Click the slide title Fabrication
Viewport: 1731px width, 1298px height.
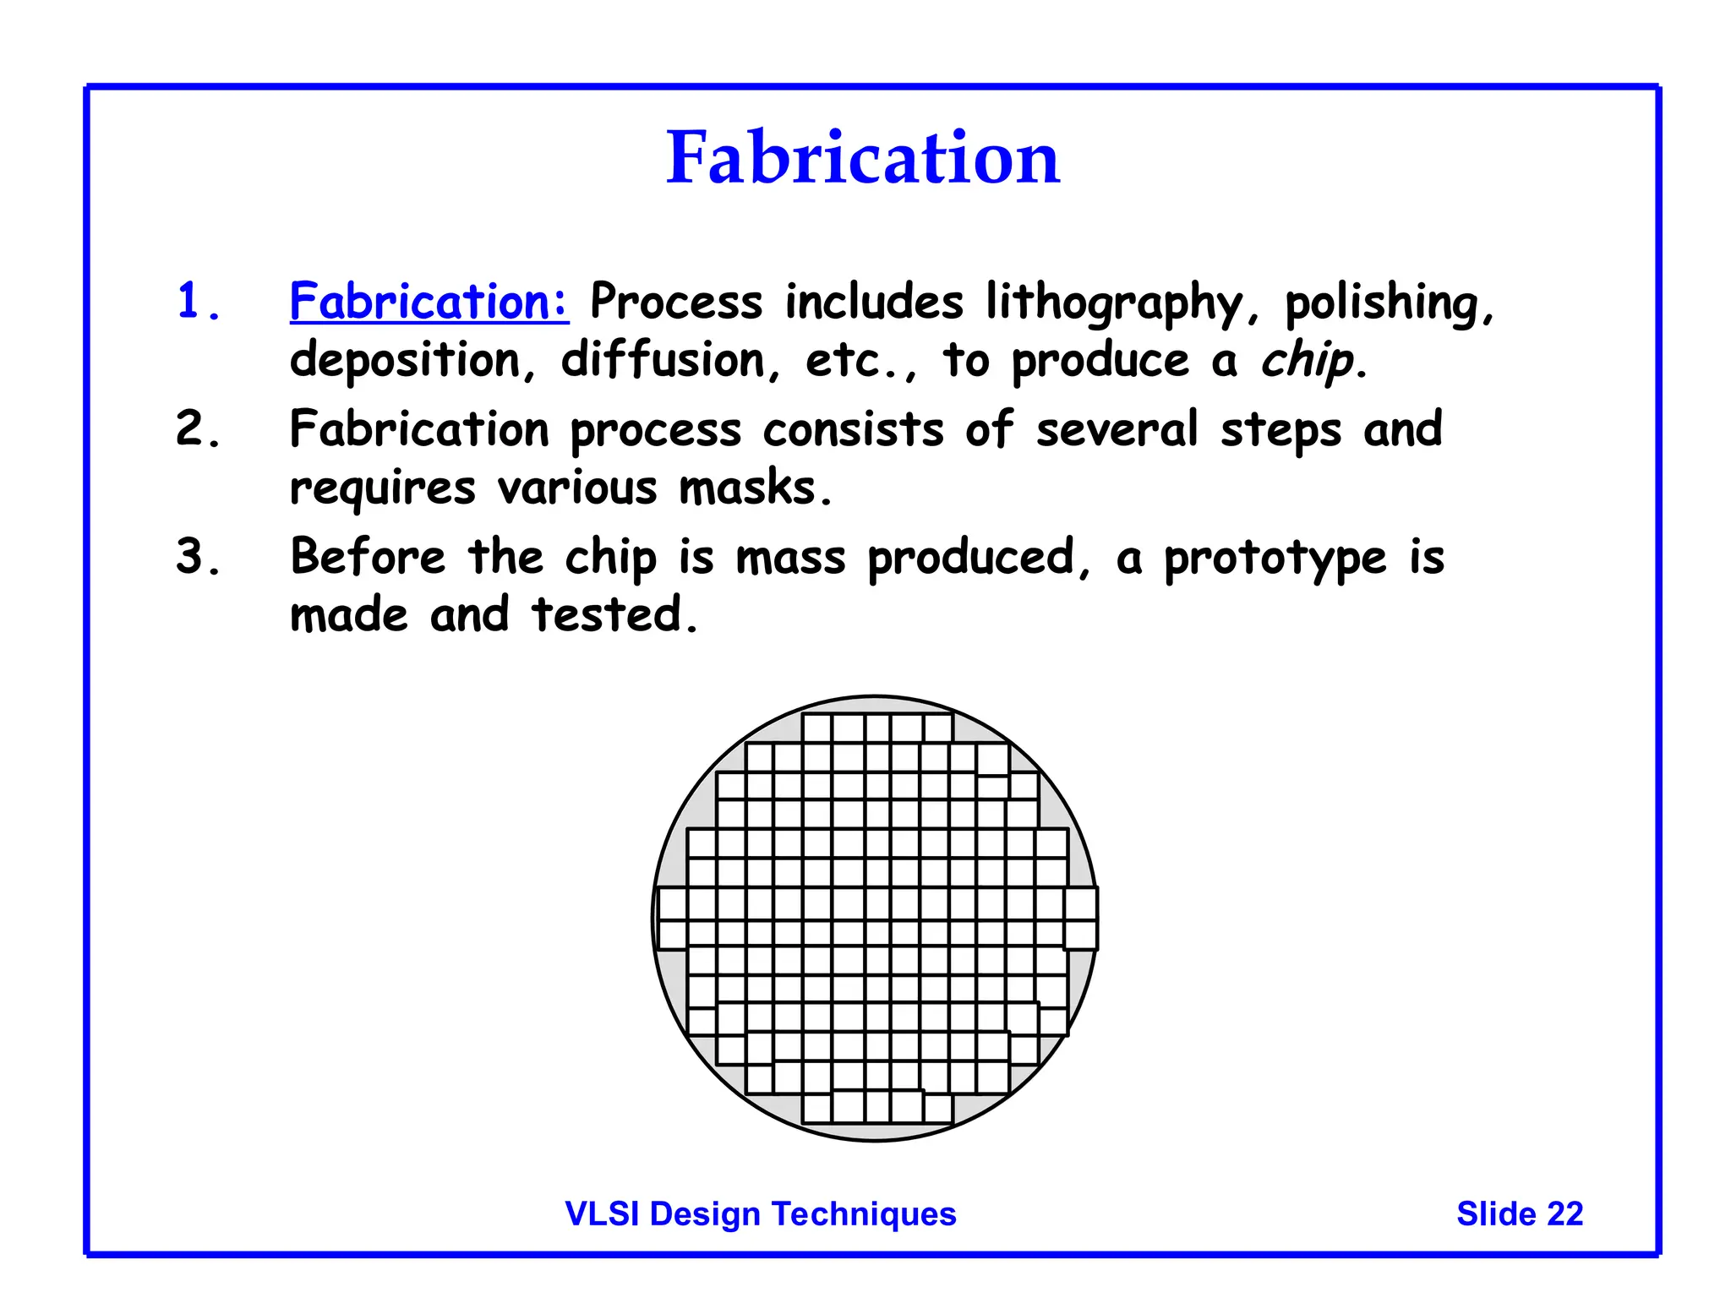862,158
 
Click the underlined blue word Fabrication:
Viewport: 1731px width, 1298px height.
429,301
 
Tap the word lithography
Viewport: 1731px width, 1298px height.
1115,303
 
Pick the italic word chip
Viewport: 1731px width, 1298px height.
1307,361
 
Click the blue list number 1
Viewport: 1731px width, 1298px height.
196,302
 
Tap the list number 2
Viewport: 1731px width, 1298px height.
196,428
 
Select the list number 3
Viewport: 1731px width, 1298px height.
196,557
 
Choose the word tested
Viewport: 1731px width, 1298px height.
614,614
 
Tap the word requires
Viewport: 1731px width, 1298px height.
382,489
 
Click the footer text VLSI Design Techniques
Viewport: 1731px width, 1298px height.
760,1213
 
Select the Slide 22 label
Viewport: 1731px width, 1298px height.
1519,1213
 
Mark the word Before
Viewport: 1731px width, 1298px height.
367,557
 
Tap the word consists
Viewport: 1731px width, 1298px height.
853,429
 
